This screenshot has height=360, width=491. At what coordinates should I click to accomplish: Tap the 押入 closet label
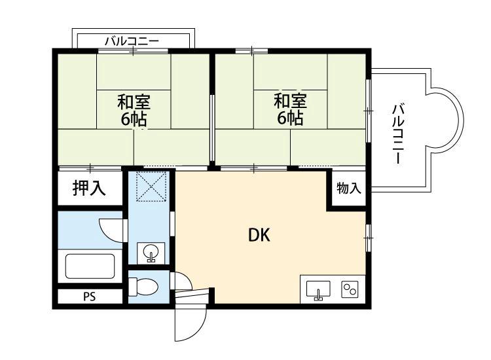[88, 189]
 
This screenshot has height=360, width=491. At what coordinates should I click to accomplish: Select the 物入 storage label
[349, 189]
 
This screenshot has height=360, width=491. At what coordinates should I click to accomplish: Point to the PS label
[89, 297]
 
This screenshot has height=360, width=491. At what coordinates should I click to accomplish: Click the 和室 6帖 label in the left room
[134, 110]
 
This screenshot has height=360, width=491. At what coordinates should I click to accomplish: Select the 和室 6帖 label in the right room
[289, 110]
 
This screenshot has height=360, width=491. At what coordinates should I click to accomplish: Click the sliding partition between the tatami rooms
[211, 128]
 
